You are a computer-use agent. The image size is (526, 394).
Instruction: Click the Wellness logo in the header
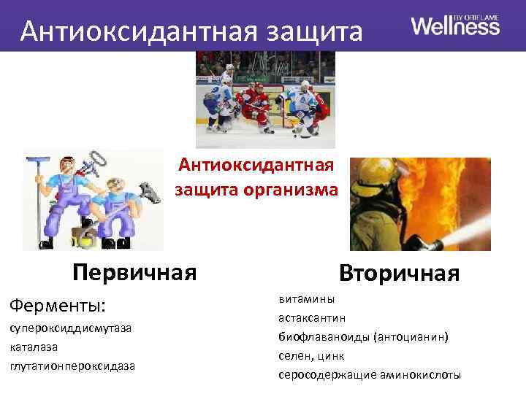click(x=455, y=26)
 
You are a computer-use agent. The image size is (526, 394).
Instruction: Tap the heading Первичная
click(x=134, y=272)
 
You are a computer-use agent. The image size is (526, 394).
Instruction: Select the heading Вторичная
click(x=399, y=274)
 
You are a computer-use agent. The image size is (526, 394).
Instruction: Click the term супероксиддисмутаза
click(x=71, y=328)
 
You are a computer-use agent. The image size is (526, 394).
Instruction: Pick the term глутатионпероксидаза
click(x=72, y=365)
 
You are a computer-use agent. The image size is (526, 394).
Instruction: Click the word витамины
click(x=306, y=299)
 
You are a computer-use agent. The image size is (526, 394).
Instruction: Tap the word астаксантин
click(x=312, y=318)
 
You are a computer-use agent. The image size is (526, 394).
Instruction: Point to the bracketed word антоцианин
click(x=410, y=337)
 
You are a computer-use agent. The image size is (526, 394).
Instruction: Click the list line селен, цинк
click(x=310, y=356)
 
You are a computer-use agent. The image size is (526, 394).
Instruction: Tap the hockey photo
click(x=265, y=99)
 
